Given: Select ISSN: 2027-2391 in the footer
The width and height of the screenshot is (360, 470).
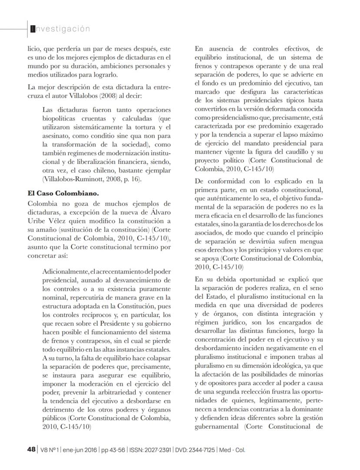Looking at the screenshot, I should tap(149, 450).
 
